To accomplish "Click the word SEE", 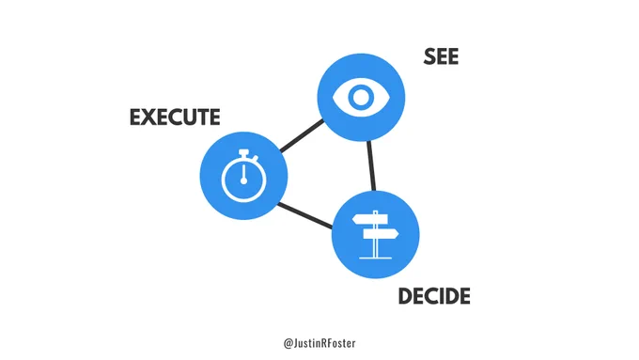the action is (x=441, y=56).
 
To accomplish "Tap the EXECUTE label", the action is (x=175, y=117).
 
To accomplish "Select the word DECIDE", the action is (x=434, y=296).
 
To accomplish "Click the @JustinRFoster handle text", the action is (x=319, y=343).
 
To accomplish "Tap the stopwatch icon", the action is (x=243, y=176).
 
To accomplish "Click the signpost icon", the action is (x=375, y=234).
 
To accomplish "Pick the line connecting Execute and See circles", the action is (x=302, y=135).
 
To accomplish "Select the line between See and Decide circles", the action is (x=371, y=165).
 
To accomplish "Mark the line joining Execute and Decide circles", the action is (x=304, y=215).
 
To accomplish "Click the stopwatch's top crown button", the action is (x=243, y=152).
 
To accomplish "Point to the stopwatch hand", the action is (x=243, y=173).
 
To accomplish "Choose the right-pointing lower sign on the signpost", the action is (x=381, y=234).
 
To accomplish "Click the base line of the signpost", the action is (x=375, y=258).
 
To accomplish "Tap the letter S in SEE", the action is (x=429, y=56).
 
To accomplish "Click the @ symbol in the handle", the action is (x=288, y=343).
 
